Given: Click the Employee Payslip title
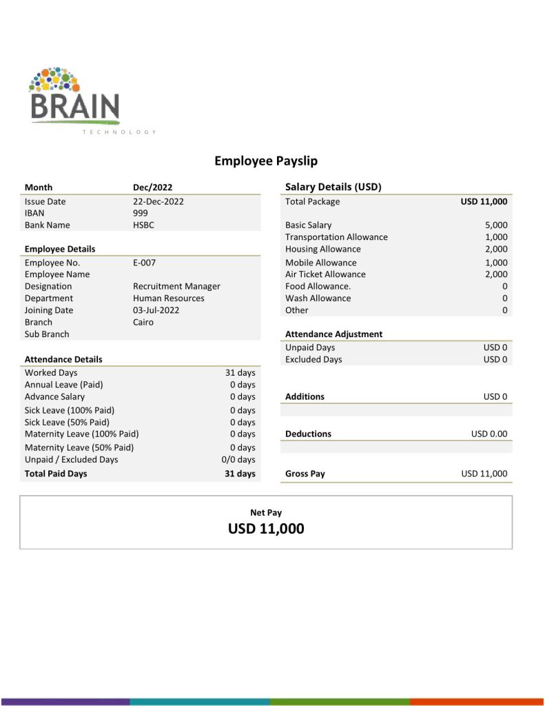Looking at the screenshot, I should [x=266, y=161].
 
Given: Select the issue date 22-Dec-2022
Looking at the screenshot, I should [x=158, y=201].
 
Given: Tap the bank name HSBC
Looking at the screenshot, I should [x=145, y=225].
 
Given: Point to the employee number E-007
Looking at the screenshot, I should [x=145, y=263].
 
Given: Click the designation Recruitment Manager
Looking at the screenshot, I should [x=176, y=286].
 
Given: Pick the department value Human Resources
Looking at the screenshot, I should [x=168, y=299].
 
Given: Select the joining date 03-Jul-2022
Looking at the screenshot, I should [x=156, y=310].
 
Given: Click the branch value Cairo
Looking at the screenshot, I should [x=143, y=322].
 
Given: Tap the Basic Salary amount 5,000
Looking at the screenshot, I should [x=496, y=225].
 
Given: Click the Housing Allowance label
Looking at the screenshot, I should [x=322, y=249].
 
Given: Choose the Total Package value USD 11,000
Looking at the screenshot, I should [x=484, y=201].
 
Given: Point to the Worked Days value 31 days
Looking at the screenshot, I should [x=240, y=372].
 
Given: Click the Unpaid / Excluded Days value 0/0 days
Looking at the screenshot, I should [x=238, y=459].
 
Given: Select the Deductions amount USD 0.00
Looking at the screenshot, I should [x=489, y=434].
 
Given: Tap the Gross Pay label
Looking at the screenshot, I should [x=305, y=474].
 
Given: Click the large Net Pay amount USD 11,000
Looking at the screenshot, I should [x=266, y=529].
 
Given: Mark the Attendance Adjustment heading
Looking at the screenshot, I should [x=333, y=334].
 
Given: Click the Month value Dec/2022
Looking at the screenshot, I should [x=152, y=187].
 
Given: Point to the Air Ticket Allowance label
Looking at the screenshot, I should [x=325, y=274].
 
